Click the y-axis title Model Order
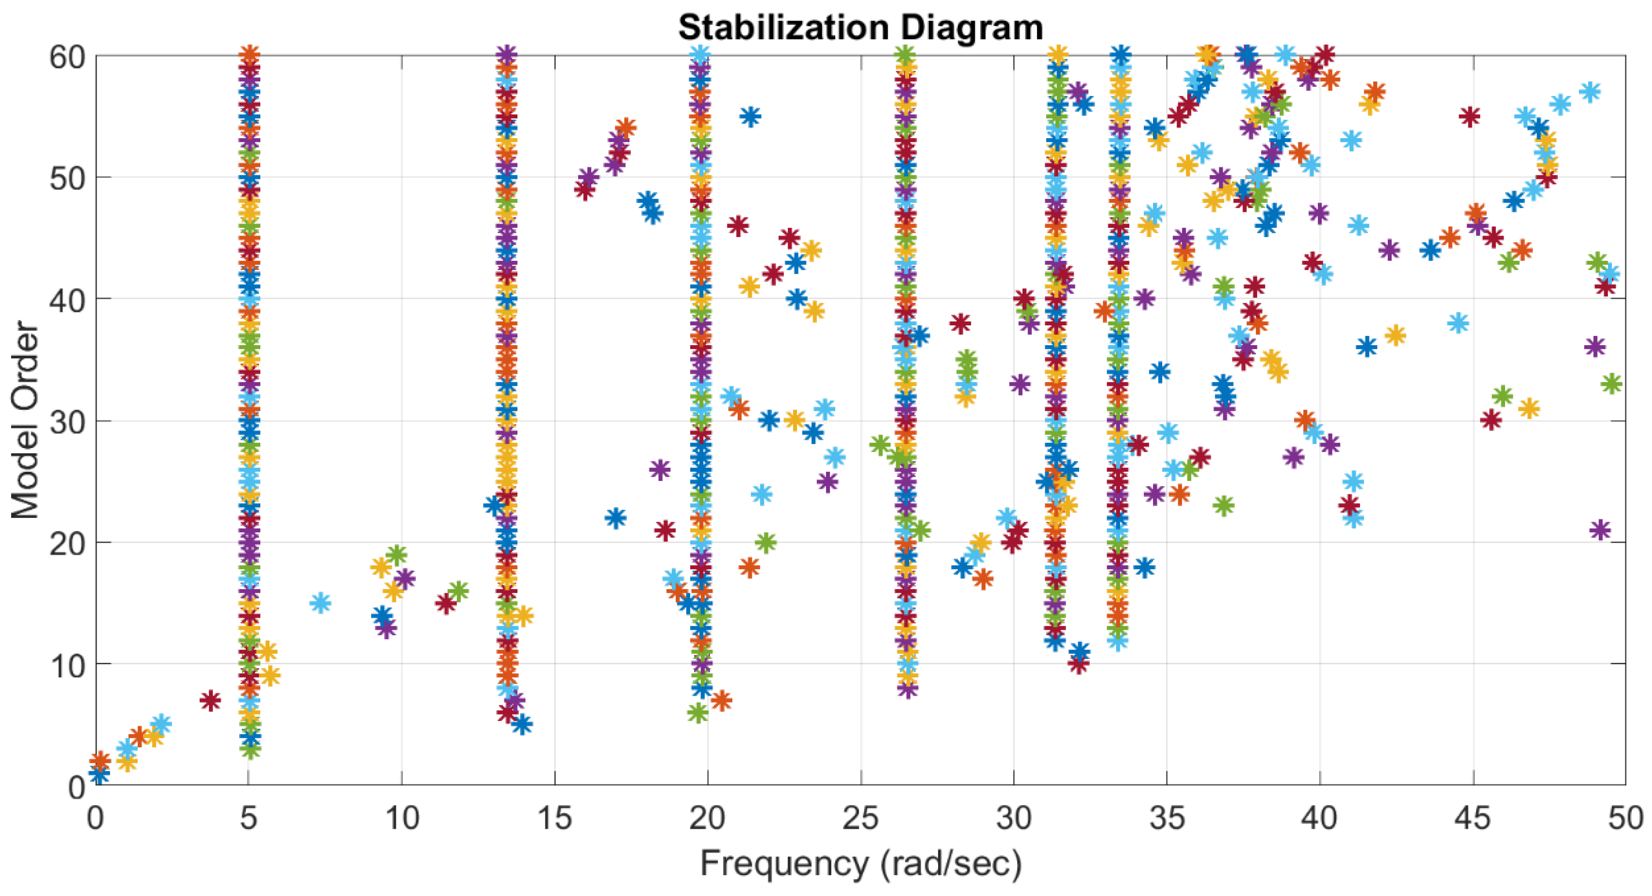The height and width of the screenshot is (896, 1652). point(26,420)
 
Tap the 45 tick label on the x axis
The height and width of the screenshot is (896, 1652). point(1472,818)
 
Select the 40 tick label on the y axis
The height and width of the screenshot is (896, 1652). point(67,299)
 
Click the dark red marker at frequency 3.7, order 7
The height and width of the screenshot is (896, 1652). point(210,700)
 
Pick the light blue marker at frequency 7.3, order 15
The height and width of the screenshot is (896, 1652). point(320,603)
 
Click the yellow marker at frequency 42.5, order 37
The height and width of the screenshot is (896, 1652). point(1395,335)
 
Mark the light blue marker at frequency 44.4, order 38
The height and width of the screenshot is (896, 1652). point(1458,323)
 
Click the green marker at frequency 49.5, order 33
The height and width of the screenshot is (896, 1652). point(1611,384)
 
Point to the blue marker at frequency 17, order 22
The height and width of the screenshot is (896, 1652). point(616,518)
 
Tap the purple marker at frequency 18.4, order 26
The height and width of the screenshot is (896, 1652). point(659,469)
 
